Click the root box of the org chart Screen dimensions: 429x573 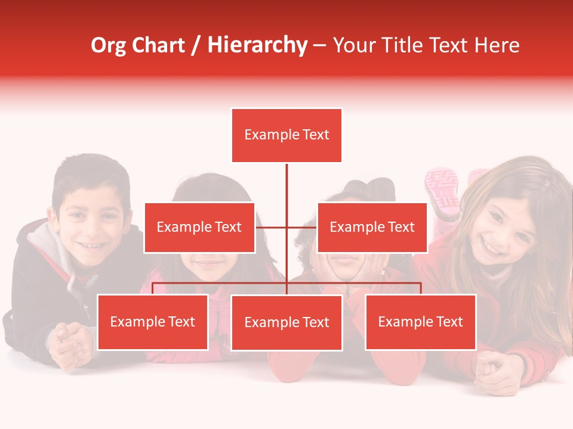click(x=286, y=135)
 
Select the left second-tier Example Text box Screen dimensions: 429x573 click(x=199, y=227)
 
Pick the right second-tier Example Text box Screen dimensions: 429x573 click(x=372, y=227)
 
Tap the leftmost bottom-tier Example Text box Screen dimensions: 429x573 click(x=153, y=322)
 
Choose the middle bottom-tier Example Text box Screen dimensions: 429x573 click(x=286, y=322)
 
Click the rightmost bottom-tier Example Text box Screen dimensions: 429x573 click(x=420, y=322)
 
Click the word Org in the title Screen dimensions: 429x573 click(x=108, y=45)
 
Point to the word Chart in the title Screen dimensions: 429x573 click(x=158, y=45)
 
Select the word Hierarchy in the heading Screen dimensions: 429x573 click(x=257, y=45)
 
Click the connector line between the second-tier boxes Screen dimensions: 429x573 click(x=286, y=227)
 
